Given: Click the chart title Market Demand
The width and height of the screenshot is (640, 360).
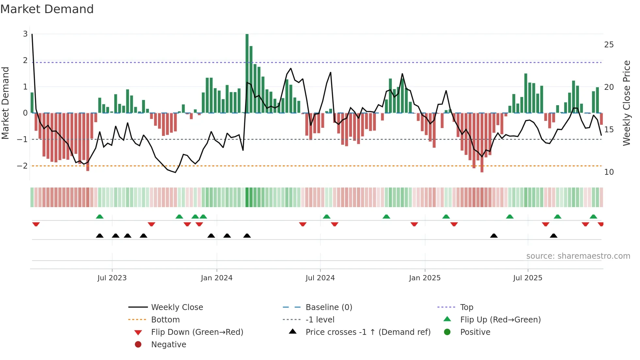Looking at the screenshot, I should (47, 9).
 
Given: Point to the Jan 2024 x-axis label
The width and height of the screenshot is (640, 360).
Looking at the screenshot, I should (216, 278).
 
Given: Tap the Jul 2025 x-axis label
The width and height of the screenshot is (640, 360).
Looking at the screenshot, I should (527, 278).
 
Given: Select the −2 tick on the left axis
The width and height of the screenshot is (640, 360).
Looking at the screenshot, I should (23, 166).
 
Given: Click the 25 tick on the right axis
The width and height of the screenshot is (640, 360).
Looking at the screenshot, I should (609, 45).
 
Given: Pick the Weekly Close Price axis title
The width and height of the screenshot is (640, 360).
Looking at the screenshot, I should (626, 103).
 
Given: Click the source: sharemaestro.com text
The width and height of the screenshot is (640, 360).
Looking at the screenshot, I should (578, 256).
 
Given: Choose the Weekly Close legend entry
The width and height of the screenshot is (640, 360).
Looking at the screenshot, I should (177, 307).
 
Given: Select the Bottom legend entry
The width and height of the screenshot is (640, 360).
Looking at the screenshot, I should (165, 320).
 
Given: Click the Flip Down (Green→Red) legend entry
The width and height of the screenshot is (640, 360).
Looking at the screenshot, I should (197, 332).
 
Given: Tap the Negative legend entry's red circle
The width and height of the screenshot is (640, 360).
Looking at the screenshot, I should (138, 345).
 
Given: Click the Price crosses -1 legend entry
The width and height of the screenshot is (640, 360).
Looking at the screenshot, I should (368, 332).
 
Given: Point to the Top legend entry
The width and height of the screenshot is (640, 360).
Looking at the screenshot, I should (466, 307).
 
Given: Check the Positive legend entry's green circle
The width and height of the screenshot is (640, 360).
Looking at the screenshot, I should (447, 332).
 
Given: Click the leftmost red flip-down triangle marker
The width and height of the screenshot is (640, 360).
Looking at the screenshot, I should (36, 224).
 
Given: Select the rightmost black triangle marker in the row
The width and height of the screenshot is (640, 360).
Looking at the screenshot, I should (553, 236).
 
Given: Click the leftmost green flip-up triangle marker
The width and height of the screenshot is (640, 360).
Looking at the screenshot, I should (100, 217).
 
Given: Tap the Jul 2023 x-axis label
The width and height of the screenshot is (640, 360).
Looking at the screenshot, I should (112, 278).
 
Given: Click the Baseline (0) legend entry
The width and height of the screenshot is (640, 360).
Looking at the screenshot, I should (328, 307).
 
